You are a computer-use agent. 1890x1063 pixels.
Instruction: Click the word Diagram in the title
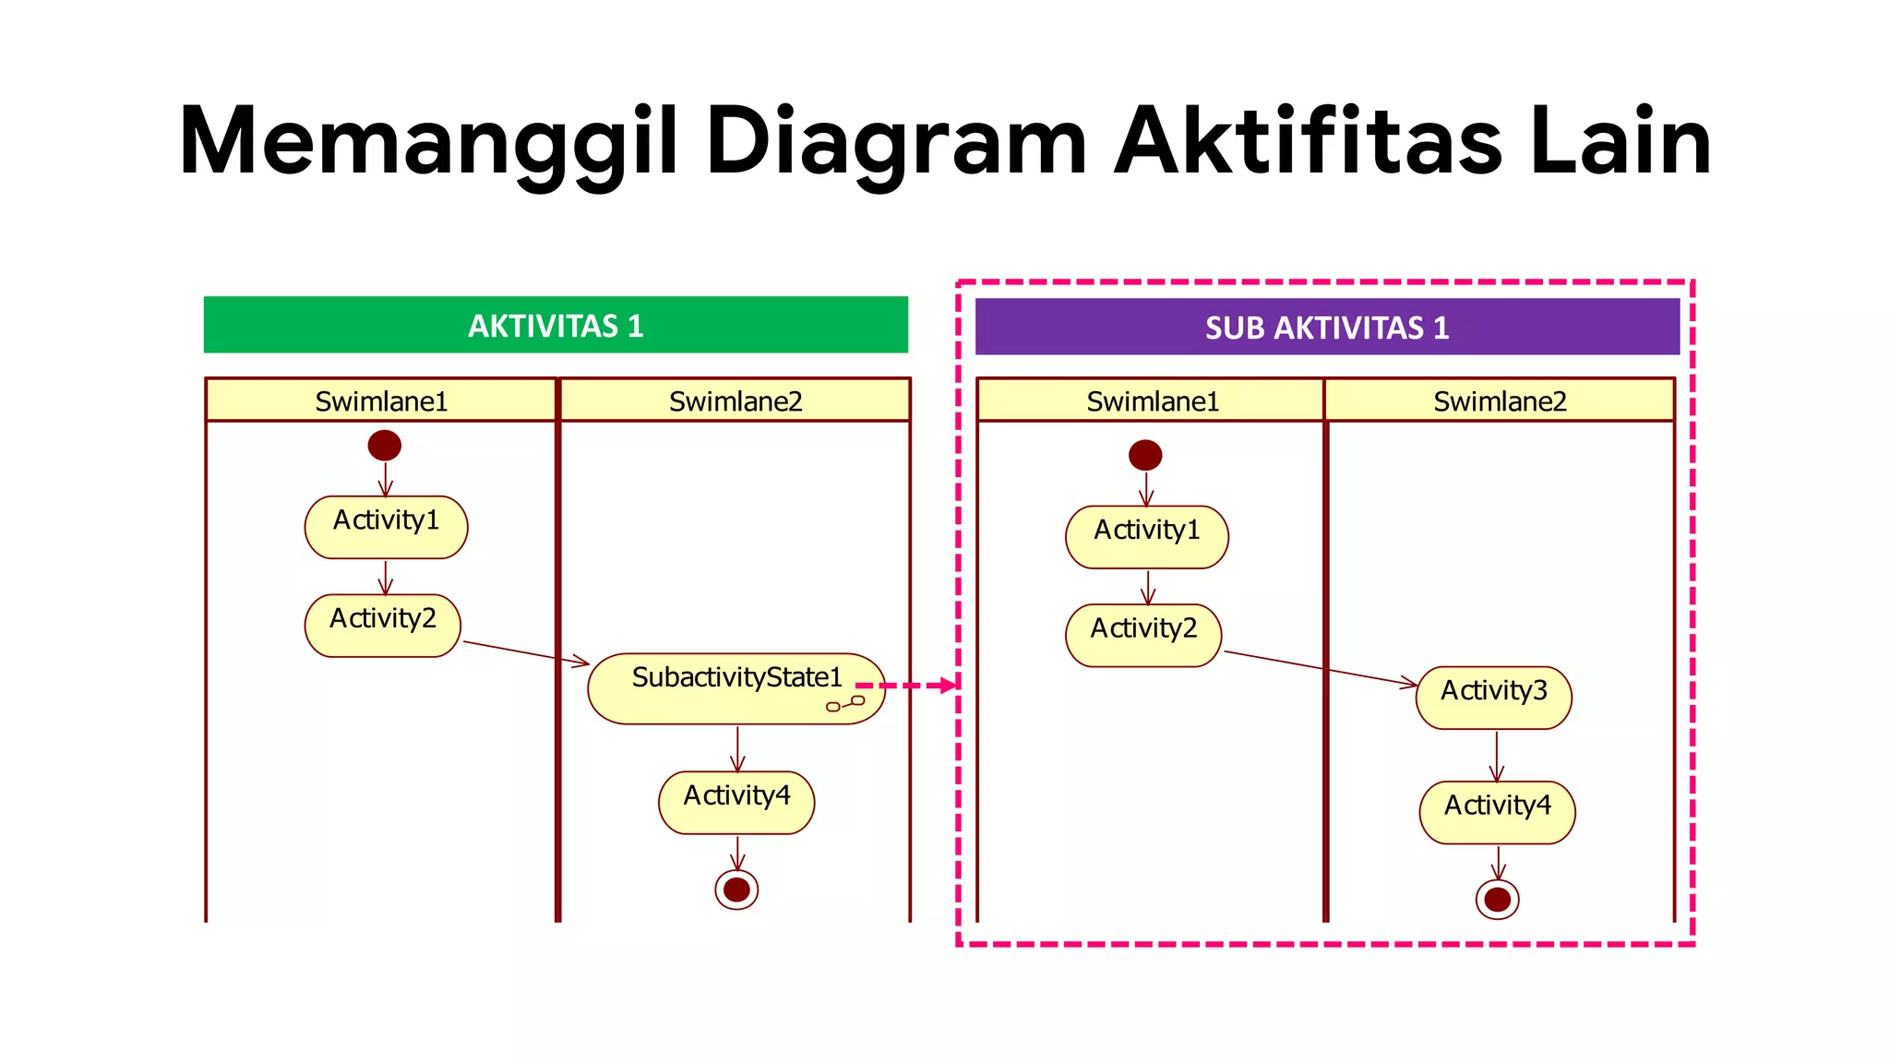(x=895, y=143)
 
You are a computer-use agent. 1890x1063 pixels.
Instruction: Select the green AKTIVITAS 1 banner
(x=556, y=325)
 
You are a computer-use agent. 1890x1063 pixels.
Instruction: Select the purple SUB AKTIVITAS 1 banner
(x=1327, y=327)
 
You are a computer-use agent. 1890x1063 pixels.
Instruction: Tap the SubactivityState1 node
(x=736, y=688)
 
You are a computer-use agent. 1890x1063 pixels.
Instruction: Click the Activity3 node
(x=1493, y=698)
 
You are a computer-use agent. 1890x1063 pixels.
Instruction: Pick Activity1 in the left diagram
(x=386, y=527)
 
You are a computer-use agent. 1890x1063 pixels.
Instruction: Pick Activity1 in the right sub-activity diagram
(x=1146, y=536)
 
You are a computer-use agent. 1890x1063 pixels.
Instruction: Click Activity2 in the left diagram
(x=382, y=625)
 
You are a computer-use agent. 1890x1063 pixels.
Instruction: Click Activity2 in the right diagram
(x=1143, y=635)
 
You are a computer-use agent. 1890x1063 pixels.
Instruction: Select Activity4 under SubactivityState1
(x=736, y=802)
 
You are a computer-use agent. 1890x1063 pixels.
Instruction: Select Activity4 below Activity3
(x=1497, y=812)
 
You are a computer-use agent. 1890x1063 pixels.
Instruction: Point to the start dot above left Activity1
(x=385, y=446)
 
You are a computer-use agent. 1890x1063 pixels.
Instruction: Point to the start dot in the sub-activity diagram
(x=1145, y=455)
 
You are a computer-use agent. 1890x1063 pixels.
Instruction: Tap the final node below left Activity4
(x=736, y=890)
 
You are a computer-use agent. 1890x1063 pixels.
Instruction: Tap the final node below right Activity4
(x=1497, y=899)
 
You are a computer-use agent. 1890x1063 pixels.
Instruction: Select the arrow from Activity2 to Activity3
(x=1320, y=668)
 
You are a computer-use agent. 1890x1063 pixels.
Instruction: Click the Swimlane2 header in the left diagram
(x=735, y=401)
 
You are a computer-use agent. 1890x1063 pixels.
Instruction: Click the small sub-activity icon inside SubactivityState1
(x=845, y=704)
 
